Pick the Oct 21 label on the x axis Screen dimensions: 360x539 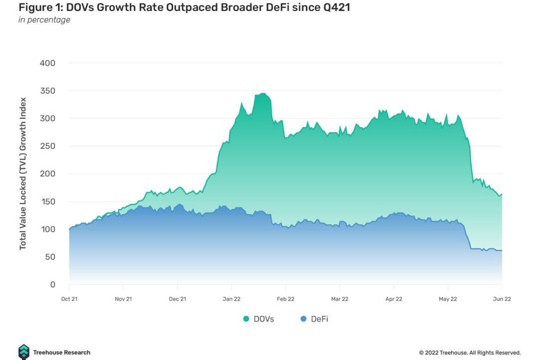coord(69,299)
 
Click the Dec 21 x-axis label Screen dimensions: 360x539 coord(177,299)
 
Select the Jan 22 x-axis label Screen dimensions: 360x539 coord(231,299)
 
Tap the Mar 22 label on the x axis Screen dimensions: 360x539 coord(339,299)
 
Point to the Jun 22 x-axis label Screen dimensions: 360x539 coord(502,299)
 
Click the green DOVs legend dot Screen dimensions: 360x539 coord(246,319)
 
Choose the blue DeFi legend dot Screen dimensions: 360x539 coord(303,319)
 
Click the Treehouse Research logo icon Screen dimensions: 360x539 coord(23,352)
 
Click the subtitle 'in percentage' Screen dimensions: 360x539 coord(44,20)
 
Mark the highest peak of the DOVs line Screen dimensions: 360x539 coord(263,93)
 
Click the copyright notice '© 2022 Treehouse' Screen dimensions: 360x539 coord(470,353)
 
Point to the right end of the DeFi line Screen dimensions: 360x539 coord(501,251)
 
